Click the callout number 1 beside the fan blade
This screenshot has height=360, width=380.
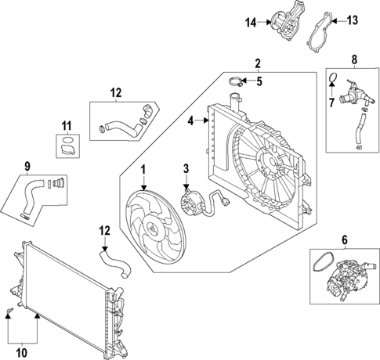143,170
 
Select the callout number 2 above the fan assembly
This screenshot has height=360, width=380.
257,63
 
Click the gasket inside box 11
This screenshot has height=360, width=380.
68,145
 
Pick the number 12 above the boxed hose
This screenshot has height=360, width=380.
115,93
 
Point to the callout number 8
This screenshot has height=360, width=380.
353,59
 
